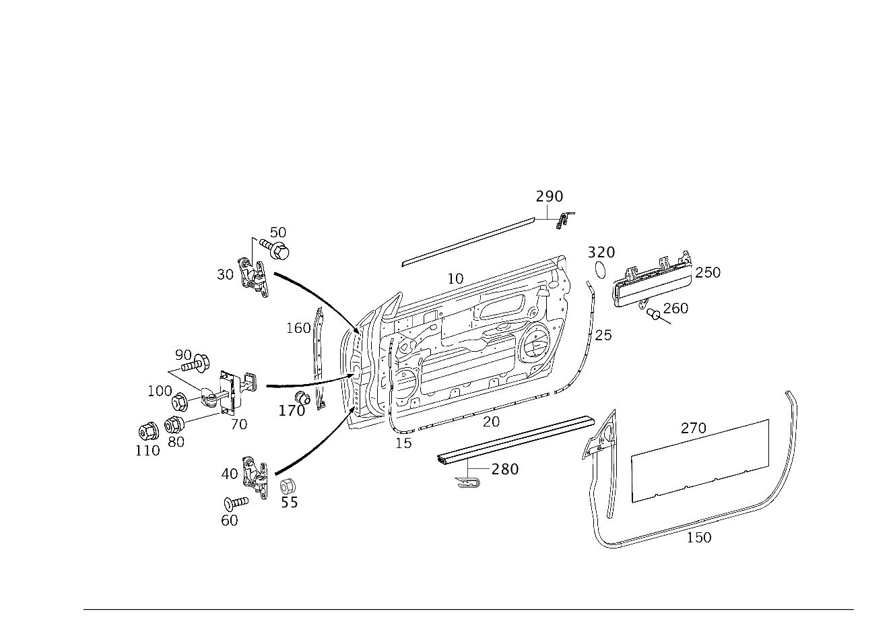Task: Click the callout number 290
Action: [549, 197]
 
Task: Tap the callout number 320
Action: [601, 253]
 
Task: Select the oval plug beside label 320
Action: [600, 270]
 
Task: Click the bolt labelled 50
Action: [275, 249]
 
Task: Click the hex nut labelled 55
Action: [287, 487]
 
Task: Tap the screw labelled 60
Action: [236, 503]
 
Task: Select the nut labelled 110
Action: [148, 431]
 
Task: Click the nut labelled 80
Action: [174, 424]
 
